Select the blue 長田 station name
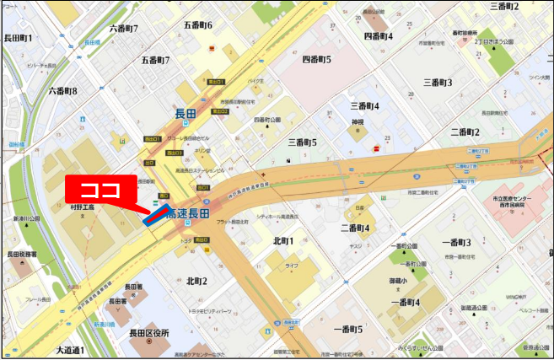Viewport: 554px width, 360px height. point(185,114)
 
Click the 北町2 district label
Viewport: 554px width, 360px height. point(196,281)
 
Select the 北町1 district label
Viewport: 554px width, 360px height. point(283,241)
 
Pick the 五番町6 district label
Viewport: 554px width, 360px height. point(198,25)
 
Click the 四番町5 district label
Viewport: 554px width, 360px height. point(317,60)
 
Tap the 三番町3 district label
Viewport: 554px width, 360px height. point(438,83)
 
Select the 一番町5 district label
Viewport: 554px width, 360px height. point(347,328)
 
